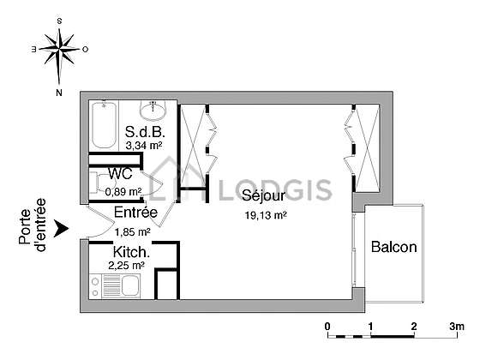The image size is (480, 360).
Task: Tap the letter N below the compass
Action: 59,93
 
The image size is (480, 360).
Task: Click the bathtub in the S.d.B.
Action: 104,125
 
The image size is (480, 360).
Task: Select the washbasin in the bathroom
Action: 153,111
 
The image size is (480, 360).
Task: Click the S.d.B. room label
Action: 145,132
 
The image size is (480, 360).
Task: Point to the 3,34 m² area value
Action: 144,146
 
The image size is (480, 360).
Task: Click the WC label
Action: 120,173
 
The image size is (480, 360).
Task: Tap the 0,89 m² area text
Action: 123,192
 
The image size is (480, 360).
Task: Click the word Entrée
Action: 135,213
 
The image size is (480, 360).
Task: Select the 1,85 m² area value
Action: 132,232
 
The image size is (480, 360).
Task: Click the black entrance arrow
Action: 61,228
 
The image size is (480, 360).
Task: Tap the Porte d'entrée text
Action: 33,225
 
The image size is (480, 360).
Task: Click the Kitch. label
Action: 131,252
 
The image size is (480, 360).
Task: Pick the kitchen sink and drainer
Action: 121,286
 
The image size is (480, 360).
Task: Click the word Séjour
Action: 263,196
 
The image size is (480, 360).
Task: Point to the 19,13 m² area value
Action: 266,215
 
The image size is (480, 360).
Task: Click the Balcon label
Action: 394,247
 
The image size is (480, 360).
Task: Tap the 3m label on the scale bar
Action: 457,327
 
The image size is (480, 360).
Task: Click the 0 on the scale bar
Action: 327,327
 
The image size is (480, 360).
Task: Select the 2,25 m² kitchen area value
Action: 126,266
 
